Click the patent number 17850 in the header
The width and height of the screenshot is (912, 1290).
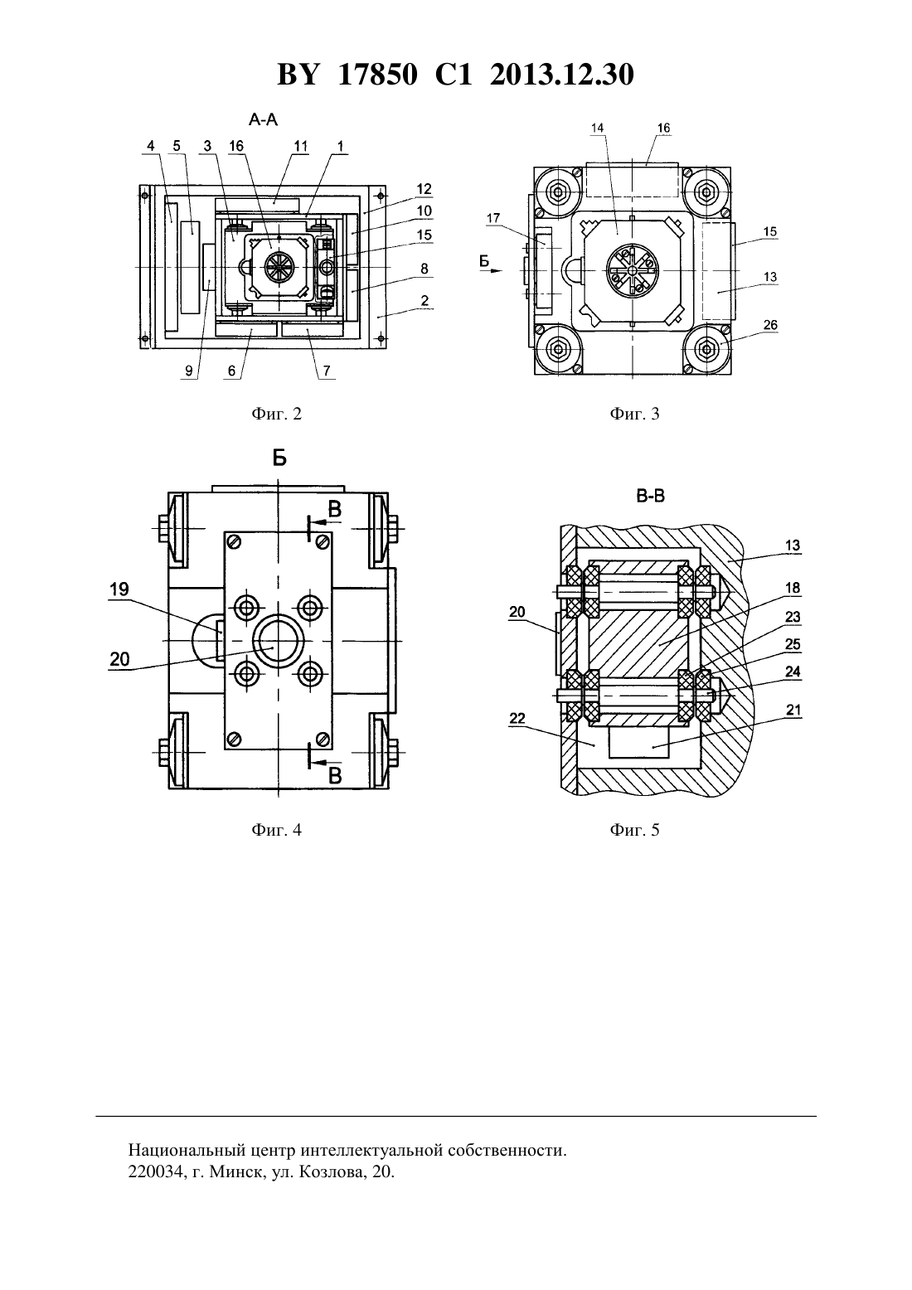377,75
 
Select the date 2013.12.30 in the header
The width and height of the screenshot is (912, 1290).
562,75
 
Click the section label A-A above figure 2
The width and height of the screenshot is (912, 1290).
263,119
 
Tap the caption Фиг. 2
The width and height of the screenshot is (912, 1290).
276,414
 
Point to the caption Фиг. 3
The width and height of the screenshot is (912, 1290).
634,414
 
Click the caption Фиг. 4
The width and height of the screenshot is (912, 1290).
276,829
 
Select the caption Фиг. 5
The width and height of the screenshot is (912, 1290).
634,829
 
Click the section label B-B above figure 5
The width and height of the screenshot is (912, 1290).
651,496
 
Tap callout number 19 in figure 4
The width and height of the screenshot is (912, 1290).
119,589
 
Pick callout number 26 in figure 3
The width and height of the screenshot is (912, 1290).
770,325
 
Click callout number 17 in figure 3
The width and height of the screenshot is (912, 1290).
493,218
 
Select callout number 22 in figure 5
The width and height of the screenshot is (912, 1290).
517,718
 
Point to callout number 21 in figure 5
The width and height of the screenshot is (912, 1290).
793,710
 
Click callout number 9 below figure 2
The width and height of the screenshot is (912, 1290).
189,371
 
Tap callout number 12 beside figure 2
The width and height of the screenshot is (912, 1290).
424,189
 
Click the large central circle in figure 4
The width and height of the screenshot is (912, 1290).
278,641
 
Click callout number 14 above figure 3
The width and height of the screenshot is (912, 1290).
598,128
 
